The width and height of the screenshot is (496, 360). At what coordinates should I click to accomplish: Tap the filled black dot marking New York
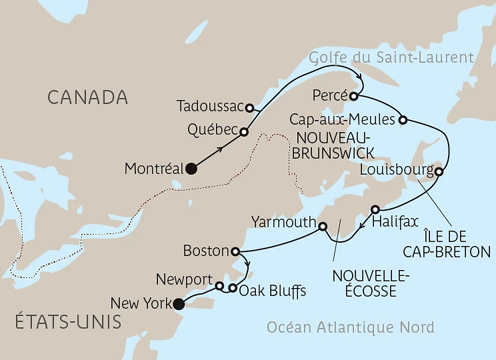(178, 305)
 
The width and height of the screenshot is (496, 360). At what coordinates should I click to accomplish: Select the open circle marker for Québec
(244, 132)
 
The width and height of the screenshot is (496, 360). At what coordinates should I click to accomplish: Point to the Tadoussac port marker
(249, 107)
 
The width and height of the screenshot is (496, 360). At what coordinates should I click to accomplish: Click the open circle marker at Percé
(354, 96)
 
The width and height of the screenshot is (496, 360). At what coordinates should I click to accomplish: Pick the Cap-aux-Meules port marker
(403, 120)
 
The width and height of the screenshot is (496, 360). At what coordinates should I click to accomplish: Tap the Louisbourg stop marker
(439, 172)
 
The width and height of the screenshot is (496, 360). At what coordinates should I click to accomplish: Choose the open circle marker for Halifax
(375, 208)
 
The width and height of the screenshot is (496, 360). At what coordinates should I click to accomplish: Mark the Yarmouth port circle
(323, 227)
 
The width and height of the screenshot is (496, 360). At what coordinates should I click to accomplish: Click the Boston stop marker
(235, 252)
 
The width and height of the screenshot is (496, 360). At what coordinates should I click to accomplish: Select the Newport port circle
(219, 286)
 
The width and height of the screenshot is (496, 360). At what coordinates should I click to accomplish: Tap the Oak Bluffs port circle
(232, 289)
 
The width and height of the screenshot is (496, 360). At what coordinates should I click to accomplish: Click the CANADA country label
(87, 97)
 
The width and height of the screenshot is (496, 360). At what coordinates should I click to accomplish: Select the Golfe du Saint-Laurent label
(391, 57)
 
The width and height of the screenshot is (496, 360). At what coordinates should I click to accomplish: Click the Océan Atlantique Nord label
(350, 327)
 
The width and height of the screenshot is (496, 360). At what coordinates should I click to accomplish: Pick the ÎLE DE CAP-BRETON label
(457, 243)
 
